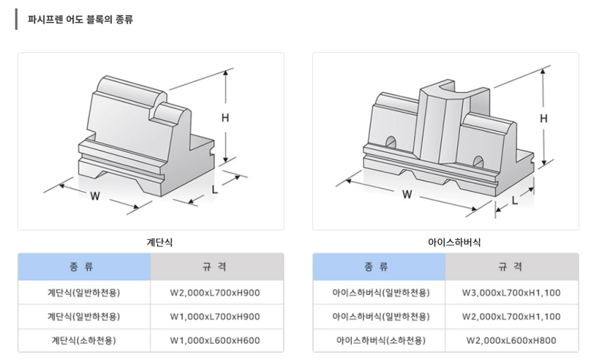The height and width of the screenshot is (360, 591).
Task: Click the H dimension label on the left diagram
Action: [225, 118]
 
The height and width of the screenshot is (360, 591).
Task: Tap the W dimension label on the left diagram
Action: [95, 196]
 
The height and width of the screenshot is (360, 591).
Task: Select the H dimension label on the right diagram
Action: [544, 118]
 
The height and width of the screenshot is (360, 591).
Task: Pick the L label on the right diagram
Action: [515, 200]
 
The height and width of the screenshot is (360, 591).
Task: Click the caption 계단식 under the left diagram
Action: [150, 242]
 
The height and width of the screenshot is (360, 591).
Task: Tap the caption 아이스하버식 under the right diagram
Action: [454, 242]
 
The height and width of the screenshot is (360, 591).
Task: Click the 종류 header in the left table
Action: [84, 267]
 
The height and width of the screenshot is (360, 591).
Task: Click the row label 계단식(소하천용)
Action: [84, 340]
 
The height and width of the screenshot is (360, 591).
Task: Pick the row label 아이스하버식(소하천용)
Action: [379, 340]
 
